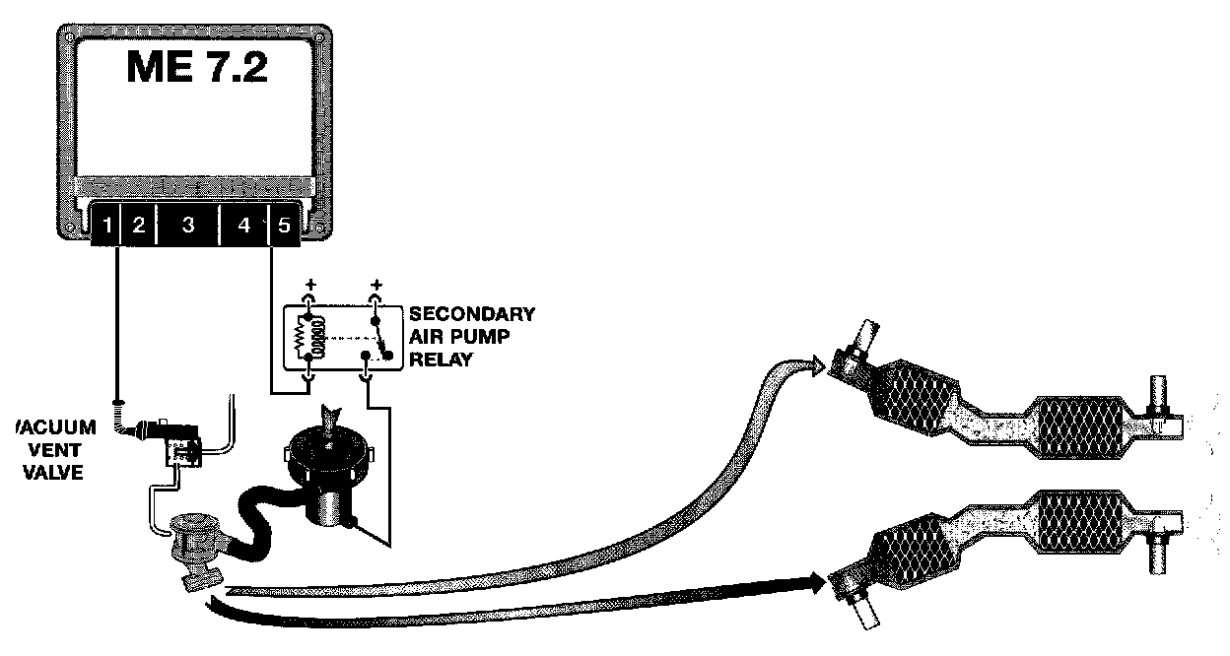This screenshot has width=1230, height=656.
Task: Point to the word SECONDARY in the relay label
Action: tap(472, 315)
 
